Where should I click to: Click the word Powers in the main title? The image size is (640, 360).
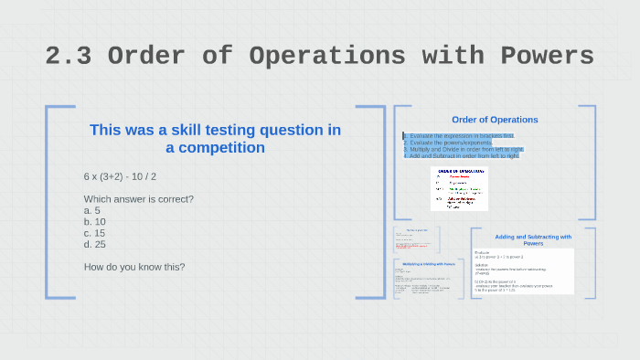point(542,56)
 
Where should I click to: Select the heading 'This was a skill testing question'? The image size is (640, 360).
point(215,130)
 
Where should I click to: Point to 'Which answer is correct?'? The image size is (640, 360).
point(138,199)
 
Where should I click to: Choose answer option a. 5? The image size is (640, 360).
point(92,210)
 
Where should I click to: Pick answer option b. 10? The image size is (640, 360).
point(95,221)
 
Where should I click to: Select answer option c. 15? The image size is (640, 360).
point(95,232)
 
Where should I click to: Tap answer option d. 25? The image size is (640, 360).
point(95,244)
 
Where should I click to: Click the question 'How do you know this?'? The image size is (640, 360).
point(134,267)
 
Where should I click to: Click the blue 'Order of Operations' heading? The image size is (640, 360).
point(495,120)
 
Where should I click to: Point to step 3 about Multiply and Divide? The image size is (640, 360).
point(464,149)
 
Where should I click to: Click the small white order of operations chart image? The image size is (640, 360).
point(459,188)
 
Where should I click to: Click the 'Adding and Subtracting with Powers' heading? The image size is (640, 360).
point(533,240)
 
